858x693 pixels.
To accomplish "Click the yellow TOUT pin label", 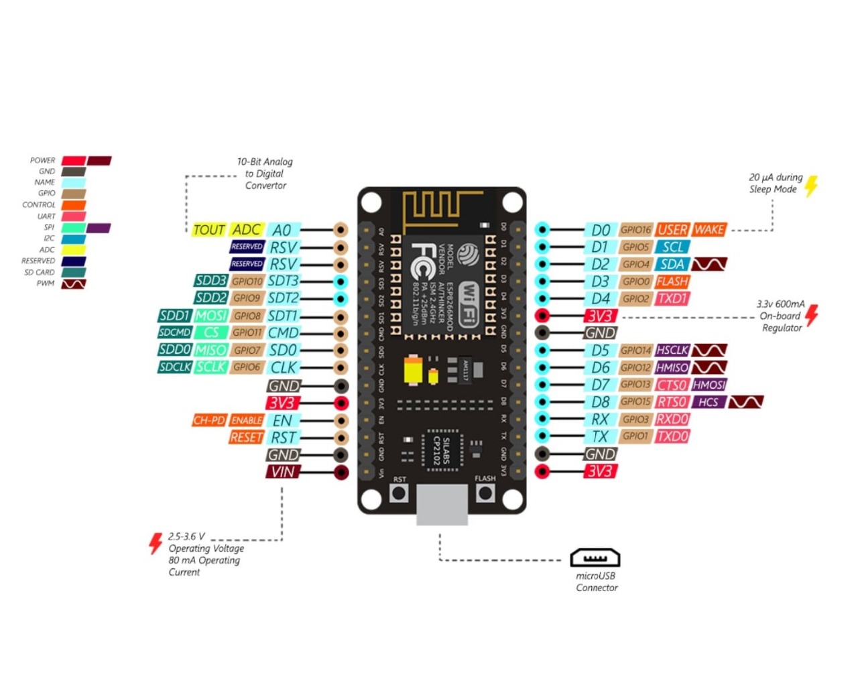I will pos(208,230).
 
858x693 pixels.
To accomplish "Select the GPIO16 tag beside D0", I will pos(635,230).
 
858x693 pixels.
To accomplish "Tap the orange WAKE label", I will pos(709,230).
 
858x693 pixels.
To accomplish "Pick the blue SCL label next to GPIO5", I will pos(673,247).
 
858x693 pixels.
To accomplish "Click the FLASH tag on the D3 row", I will pos(672,281).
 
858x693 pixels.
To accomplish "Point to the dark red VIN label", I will pos(282,472).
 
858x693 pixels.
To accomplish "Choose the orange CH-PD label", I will pos(209,420).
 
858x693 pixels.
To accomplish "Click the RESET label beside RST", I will pos(246,437).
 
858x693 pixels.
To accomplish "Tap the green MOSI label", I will pos(211,316).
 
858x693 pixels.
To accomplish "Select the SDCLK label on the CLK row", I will pos(175,367).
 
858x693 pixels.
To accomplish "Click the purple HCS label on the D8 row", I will pos(709,402).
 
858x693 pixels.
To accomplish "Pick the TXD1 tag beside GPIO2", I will pos(672,299).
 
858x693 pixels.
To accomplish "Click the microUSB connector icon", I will pos(595,558).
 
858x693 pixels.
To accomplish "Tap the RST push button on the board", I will pos(400,494).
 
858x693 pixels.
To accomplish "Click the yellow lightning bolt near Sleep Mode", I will pos(811,186).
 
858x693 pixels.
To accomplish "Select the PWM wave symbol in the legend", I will pos(74,284).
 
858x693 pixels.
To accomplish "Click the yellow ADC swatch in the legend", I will pos(74,250).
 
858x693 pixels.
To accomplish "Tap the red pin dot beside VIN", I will pos(341,472).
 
